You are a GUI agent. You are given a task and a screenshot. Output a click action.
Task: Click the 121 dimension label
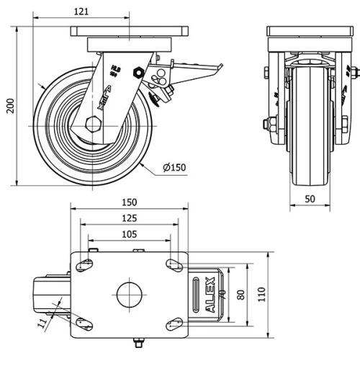click(x=83, y=12)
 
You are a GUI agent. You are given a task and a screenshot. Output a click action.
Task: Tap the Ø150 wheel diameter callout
click(x=174, y=168)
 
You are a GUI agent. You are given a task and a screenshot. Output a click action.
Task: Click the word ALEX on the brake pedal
click(x=211, y=294)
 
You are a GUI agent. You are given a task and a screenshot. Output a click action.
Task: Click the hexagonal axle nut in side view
click(x=91, y=122)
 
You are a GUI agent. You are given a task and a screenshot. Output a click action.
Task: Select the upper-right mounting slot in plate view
click(x=174, y=264)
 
